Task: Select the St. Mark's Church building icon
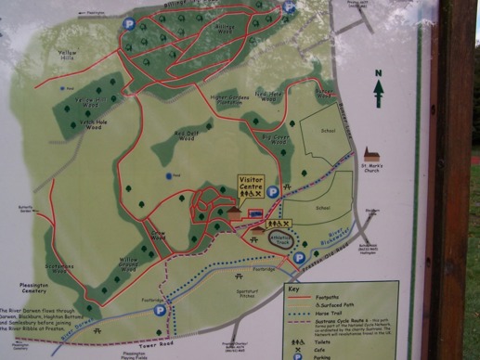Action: [x=374, y=154]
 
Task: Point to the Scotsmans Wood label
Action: [x=60, y=269]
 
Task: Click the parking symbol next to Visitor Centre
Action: [x=272, y=192]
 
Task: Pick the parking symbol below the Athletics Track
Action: [x=300, y=257]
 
